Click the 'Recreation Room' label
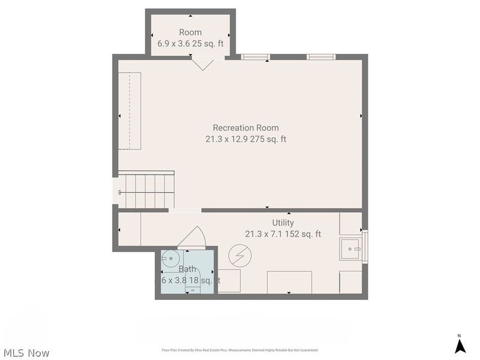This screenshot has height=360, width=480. (245, 128)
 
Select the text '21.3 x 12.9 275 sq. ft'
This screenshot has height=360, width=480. (245, 139)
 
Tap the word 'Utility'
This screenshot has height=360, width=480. (283, 223)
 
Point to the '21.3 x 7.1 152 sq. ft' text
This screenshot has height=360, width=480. (283, 234)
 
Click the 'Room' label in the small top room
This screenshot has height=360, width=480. (190, 32)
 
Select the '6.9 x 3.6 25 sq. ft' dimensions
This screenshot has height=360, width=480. (190, 44)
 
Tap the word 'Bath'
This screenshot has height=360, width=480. (187, 269)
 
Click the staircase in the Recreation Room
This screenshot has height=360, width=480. (146, 190)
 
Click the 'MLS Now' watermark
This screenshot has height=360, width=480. (26, 353)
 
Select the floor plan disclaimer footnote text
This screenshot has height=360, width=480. (239, 350)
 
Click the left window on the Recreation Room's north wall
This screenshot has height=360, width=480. (255, 57)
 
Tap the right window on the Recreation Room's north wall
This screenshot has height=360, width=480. (321, 57)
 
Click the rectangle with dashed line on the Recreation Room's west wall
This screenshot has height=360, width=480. (130, 110)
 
